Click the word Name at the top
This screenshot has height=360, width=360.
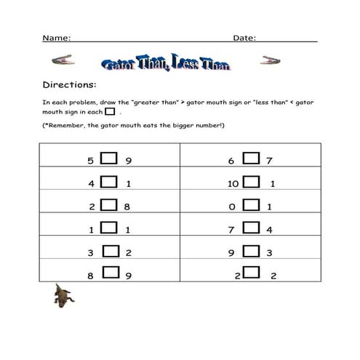tap(56, 37)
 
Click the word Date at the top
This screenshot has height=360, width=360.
tap(244, 37)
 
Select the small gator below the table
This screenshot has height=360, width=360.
tap(63, 295)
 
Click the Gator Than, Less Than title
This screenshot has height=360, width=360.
tap(167, 65)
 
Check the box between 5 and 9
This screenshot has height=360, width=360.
tap(109, 158)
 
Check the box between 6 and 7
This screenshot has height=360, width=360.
tap(250, 158)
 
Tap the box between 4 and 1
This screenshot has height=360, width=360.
tap(109, 182)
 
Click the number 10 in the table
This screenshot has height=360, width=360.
tap(233, 184)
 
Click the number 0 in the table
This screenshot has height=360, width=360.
tap(231, 207)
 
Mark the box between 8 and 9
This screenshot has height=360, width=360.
tap(113, 273)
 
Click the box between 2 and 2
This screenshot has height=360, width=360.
tap(252, 273)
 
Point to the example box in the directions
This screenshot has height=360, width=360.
tap(110, 112)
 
